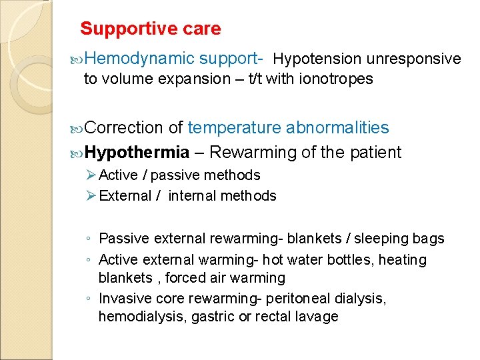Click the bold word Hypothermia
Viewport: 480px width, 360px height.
coord(137,153)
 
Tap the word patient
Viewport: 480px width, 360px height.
coord(375,153)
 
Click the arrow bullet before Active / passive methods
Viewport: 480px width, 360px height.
coord(91,175)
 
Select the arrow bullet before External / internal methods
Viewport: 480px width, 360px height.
coord(91,196)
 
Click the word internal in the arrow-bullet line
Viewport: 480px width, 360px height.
coord(194,196)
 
